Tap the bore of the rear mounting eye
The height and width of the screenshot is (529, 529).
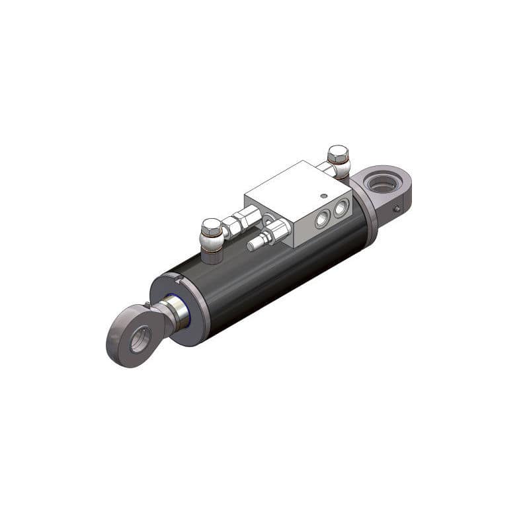click(382, 184)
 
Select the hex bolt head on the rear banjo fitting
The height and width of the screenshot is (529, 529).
click(337, 155)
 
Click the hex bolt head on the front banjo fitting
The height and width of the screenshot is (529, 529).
click(212, 227)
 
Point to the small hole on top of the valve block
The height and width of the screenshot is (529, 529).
click(323, 195)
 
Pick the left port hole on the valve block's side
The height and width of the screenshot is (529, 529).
click(322, 219)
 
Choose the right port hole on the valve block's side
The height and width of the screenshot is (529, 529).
click(341, 209)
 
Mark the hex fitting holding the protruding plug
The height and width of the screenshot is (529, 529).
click(276, 232)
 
